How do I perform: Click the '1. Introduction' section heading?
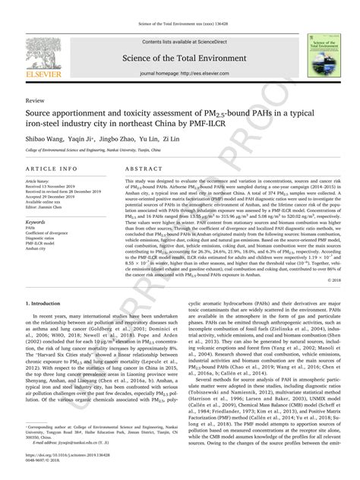46,322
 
